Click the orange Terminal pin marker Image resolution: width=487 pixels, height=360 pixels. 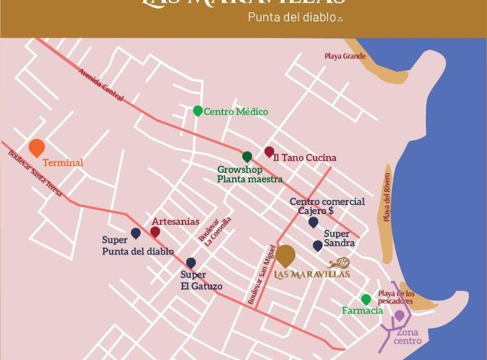pos(37,147)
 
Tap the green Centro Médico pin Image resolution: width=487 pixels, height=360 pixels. pos(198,111)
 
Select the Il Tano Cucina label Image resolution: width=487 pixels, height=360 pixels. pos(305,157)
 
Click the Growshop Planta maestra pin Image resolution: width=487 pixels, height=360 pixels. pos(247,156)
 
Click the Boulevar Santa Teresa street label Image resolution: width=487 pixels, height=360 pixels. pos(35,172)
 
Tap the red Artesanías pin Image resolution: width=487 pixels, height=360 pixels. pos(155,231)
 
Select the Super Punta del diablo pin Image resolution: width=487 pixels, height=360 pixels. pos(136,233)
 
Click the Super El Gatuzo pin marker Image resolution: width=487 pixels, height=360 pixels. pos(191,262)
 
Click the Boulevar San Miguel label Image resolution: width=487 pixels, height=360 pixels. pos(262,274)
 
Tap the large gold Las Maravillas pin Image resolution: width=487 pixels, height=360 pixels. pos(286,255)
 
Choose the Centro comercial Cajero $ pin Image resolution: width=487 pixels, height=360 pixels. pos(313,222)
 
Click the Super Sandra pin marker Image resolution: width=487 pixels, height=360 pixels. pos(317,246)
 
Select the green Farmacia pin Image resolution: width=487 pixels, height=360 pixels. pos(366,300)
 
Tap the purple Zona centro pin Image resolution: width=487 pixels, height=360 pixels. pos(399,315)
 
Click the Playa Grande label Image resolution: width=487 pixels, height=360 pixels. pos(345,57)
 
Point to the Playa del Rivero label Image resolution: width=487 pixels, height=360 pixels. pos(387,197)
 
